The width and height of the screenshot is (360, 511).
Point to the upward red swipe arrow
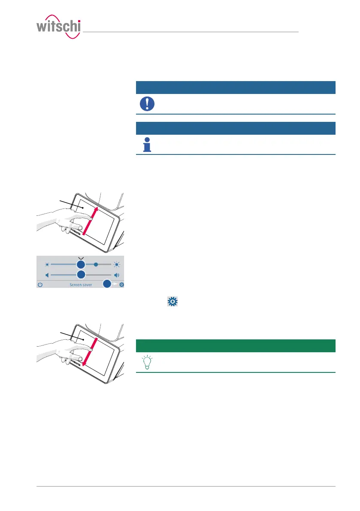(x=91, y=220)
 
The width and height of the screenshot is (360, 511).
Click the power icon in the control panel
(x=40, y=284)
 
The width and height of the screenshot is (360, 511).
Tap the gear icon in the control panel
(x=121, y=284)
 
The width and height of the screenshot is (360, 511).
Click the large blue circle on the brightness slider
(x=81, y=264)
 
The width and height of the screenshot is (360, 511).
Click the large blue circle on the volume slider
(x=81, y=275)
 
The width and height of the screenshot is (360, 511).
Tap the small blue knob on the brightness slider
(x=96, y=264)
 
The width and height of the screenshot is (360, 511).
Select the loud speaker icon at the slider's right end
(x=116, y=275)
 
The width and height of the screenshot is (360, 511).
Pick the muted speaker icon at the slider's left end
(x=48, y=275)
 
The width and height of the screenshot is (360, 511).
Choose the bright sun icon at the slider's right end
(x=116, y=264)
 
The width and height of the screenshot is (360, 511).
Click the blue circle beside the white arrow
(x=107, y=284)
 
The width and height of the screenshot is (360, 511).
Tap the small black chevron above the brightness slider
(x=81, y=257)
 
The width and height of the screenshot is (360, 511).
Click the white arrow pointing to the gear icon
(x=115, y=284)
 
